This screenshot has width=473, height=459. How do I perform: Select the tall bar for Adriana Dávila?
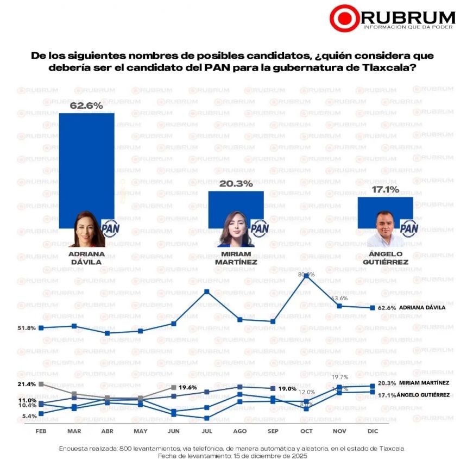pyautogui.click(x=86, y=163)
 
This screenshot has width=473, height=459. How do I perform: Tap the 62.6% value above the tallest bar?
pyautogui.click(x=86, y=106)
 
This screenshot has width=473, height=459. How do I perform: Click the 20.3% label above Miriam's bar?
pyautogui.click(x=236, y=184)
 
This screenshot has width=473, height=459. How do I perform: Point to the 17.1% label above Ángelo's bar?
pyautogui.click(x=385, y=190)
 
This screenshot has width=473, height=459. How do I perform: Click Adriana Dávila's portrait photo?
pyautogui.click(x=87, y=230)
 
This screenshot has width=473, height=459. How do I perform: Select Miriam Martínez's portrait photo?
pyautogui.click(x=236, y=230)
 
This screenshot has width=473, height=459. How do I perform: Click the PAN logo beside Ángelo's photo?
pyautogui.click(x=408, y=227)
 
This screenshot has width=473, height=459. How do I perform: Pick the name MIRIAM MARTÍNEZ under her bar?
pyautogui.click(x=236, y=258)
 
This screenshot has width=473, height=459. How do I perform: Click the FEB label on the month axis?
pyautogui.click(x=41, y=431)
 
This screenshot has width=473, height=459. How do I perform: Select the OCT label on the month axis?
pyautogui.click(x=306, y=431)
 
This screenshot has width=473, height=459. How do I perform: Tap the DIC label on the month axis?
pyautogui.click(x=373, y=431)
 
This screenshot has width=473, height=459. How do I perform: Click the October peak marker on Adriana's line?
pyautogui.click(x=306, y=276)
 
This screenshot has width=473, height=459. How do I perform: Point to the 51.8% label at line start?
pyautogui.click(x=27, y=328)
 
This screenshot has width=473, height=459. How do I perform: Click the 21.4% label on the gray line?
pyautogui.click(x=27, y=384)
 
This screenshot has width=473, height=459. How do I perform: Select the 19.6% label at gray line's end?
pyautogui.click(x=188, y=387)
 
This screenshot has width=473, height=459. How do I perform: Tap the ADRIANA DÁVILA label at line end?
pyautogui.click(x=422, y=308)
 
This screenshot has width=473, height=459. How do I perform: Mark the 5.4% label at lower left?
pyautogui.click(x=29, y=416)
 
